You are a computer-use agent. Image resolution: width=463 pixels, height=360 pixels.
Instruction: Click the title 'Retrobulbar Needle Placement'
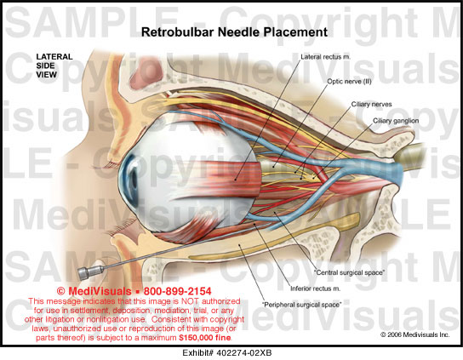234,31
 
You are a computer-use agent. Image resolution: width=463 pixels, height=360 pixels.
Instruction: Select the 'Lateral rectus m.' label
325,57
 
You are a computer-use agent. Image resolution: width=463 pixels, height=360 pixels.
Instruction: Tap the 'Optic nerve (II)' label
349,81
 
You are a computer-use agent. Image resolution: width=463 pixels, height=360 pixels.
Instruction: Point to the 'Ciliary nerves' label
371,104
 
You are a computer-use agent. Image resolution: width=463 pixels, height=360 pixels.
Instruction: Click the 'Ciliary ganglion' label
396,121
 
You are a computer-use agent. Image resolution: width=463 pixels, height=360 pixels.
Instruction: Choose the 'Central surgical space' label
349,272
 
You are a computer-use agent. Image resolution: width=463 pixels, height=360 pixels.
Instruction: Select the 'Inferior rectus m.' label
316,289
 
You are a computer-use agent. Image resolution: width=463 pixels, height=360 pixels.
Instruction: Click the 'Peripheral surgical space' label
302,305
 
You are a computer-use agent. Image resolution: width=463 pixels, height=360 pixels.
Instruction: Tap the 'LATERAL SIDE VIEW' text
54,66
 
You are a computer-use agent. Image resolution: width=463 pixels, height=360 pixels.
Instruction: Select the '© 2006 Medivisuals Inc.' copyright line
414,334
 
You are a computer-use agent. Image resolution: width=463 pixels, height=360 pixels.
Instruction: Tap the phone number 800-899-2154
177,291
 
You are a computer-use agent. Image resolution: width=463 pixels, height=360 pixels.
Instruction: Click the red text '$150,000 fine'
205,338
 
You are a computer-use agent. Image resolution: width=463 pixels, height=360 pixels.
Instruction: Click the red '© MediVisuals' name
94,291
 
